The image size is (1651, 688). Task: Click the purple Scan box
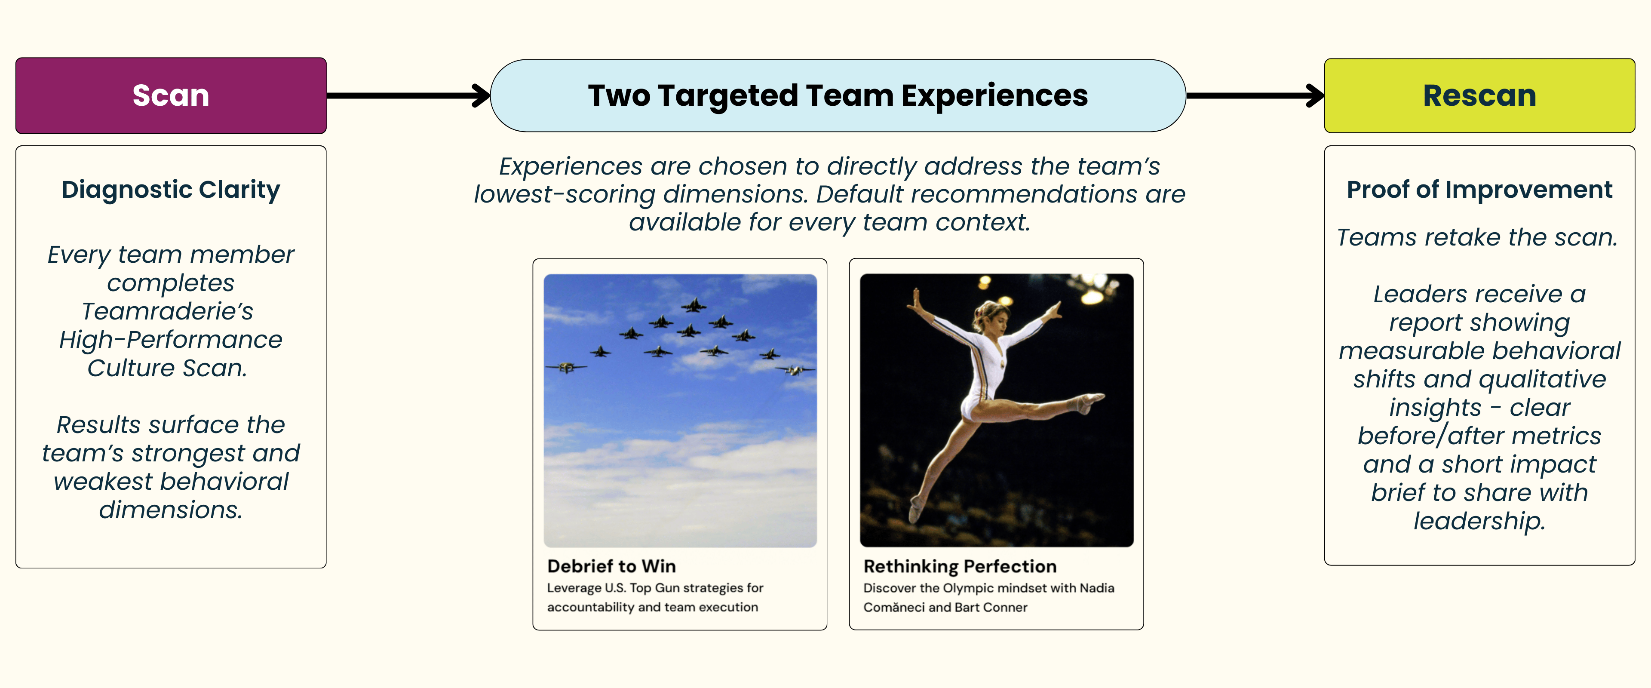click(171, 95)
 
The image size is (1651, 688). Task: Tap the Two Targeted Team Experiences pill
click(838, 95)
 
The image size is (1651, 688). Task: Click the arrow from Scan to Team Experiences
click(408, 95)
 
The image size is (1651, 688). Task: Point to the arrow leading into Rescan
click(1255, 95)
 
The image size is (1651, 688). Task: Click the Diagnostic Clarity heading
click(171, 190)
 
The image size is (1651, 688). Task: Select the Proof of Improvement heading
click(1479, 190)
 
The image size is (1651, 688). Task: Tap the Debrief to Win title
click(611, 566)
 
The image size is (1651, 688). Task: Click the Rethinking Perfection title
click(960, 566)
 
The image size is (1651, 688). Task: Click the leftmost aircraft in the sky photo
click(565, 367)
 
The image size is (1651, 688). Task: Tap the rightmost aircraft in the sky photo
click(795, 370)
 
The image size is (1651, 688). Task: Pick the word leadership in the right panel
click(1479, 521)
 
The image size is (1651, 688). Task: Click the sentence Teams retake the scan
click(1477, 237)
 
